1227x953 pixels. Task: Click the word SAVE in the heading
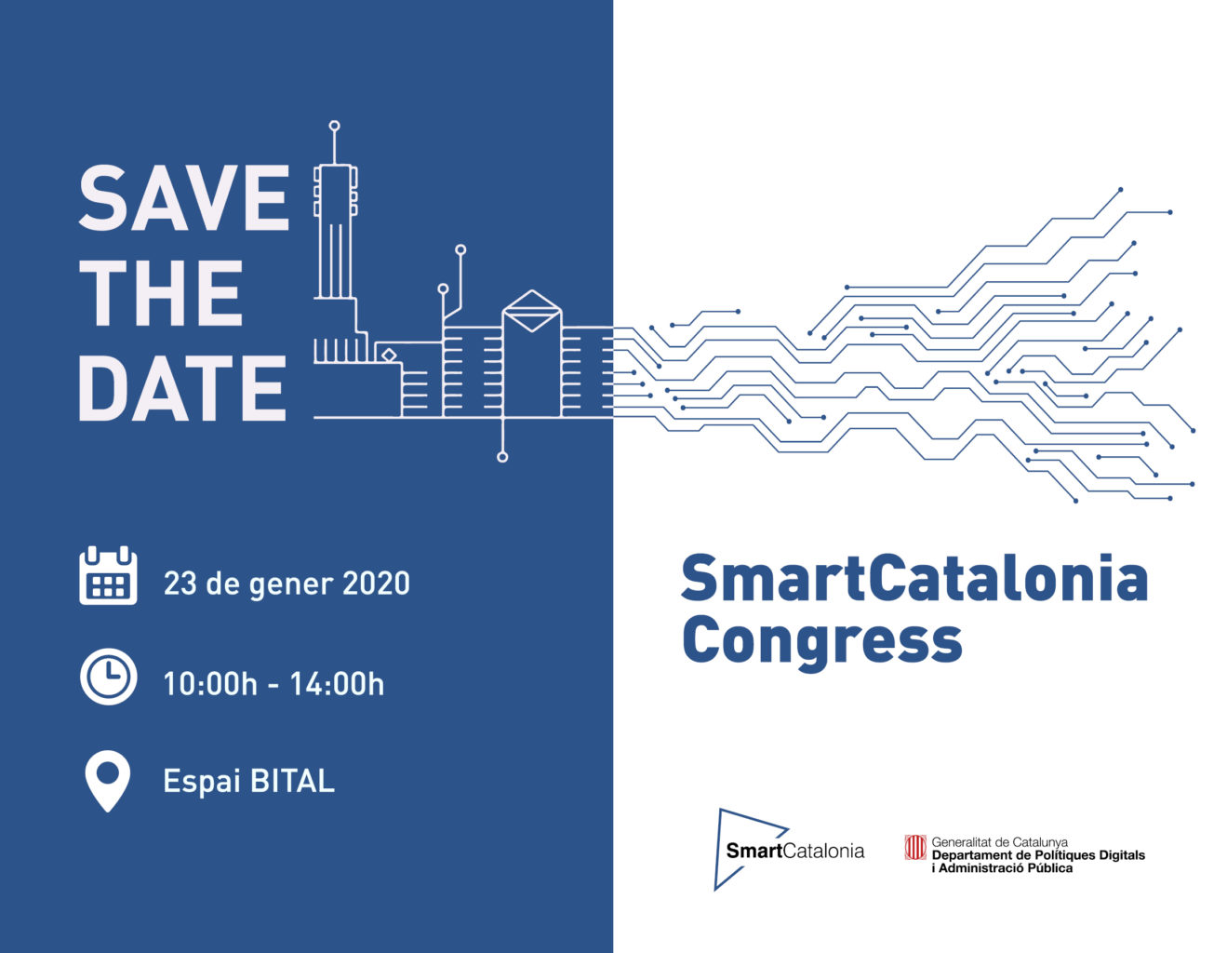point(184,198)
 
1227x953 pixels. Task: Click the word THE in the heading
point(161,293)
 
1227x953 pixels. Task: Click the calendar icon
point(108,575)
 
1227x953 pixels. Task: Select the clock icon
point(109,677)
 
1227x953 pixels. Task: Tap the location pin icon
point(107,781)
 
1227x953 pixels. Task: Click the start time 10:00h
point(210,683)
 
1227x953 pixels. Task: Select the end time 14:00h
point(337,683)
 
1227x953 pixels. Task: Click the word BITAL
point(292,781)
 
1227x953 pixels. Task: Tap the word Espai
point(202,783)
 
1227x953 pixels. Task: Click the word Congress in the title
point(822,642)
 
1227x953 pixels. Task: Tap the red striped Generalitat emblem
point(915,848)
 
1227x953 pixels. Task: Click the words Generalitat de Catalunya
point(999,841)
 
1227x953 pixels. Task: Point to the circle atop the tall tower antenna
point(334,126)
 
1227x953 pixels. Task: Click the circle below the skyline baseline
point(502,457)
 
